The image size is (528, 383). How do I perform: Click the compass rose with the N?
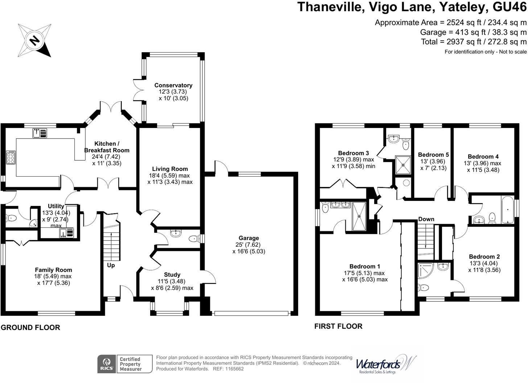click(35, 40)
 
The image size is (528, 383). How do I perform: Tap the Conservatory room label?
click(173, 85)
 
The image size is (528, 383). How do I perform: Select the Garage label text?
click(249, 238)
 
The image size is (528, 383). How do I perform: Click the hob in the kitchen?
click(11, 158)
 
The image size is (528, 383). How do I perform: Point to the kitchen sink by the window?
click(40, 133)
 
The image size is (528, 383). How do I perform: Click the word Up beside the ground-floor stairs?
click(111, 265)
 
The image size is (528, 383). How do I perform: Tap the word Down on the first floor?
click(426, 219)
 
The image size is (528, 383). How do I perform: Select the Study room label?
click(172, 275)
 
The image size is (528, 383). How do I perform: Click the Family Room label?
click(53, 270)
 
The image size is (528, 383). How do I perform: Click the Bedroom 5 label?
click(433, 155)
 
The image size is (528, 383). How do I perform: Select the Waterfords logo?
click(384, 364)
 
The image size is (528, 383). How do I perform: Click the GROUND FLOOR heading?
click(30, 328)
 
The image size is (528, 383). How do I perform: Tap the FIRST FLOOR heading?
click(338, 326)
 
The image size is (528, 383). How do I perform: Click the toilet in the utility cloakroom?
click(11, 218)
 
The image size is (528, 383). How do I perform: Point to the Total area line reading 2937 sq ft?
click(474, 42)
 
